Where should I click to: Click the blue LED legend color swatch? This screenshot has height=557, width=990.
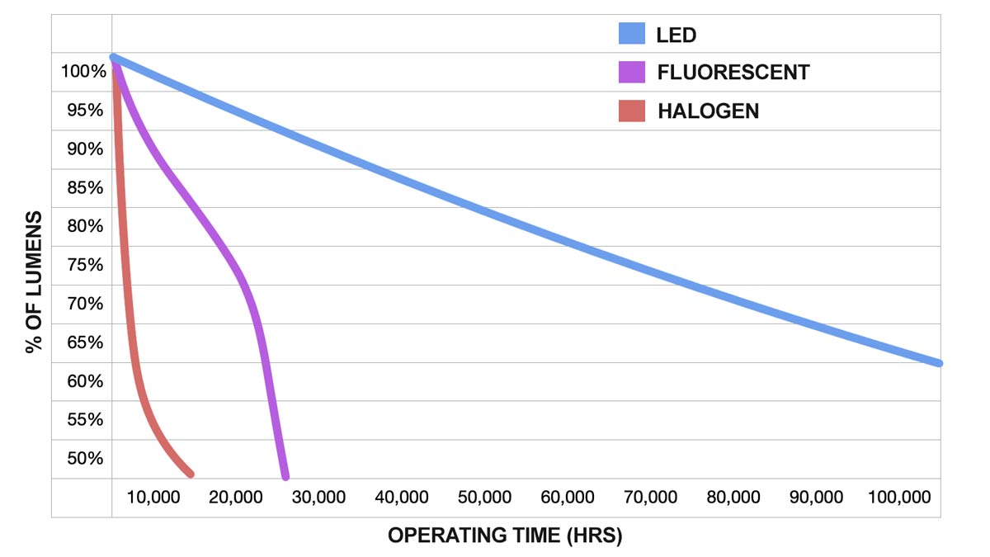pyautogui.click(x=631, y=34)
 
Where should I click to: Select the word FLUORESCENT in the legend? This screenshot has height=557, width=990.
pyautogui.click(x=733, y=73)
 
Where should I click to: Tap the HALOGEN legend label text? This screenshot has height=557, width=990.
pyautogui.click(x=708, y=111)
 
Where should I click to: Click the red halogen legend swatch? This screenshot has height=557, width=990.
pyautogui.click(x=631, y=111)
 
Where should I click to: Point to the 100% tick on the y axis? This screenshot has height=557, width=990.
pyautogui.click(x=83, y=72)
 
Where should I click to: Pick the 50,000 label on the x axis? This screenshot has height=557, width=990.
pyautogui.click(x=485, y=498)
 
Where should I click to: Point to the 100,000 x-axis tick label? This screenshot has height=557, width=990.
pyautogui.click(x=899, y=498)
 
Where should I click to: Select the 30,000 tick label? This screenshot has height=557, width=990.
pyautogui.click(x=319, y=498)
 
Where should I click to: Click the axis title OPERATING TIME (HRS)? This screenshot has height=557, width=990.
pyautogui.click(x=505, y=536)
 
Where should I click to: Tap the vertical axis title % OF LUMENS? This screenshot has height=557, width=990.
pyautogui.click(x=34, y=281)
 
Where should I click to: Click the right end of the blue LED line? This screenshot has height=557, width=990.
pyautogui.click(x=939, y=362)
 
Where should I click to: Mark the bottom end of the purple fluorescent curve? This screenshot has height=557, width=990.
pyautogui.click(x=285, y=476)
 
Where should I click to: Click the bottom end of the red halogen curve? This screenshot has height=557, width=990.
pyautogui.click(x=191, y=474)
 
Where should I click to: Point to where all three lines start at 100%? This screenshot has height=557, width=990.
pyautogui.click(x=113, y=58)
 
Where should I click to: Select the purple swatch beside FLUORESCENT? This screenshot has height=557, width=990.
pyautogui.click(x=631, y=73)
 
